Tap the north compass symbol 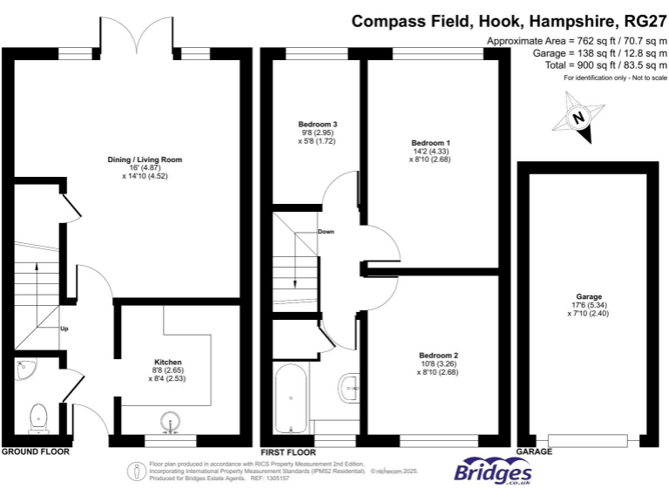click(x=576, y=117)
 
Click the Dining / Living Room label click(x=144, y=159)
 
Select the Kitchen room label click(x=167, y=362)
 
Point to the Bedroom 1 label click(x=430, y=142)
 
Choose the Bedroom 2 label click(x=438, y=356)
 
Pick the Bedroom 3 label click(x=317, y=125)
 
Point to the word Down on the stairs click(x=326, y=232)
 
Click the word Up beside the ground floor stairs click(x=64, y=329)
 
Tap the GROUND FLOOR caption click(x=35, y=452)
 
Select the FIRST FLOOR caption click(x=287, y=452)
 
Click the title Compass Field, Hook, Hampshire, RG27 click(x=509, y=20)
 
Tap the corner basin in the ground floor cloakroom click(x=24, y=370)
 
